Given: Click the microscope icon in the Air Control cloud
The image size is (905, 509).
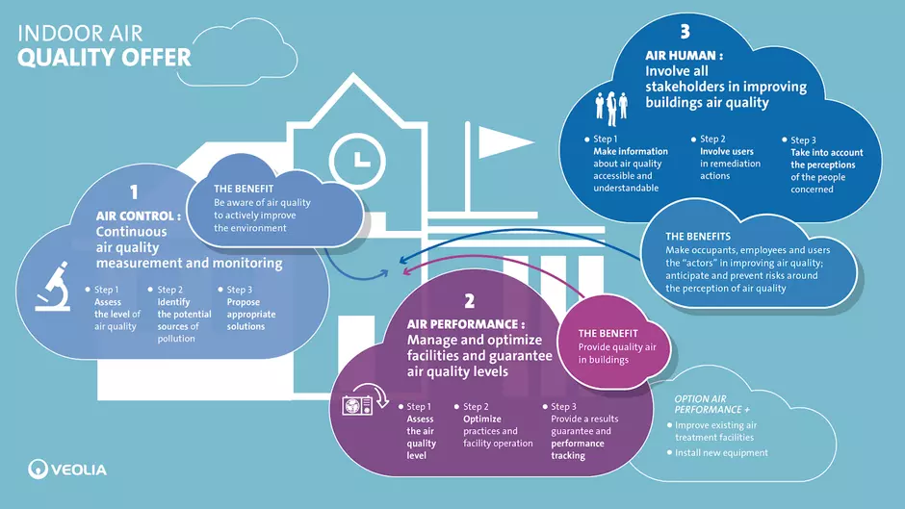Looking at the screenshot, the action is coord(53,287).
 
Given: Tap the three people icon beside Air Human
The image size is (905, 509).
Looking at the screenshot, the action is coord(611,109).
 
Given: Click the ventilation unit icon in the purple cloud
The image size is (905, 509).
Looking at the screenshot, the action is coord(365,400).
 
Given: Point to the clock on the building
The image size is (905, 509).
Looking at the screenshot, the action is coord(357,161).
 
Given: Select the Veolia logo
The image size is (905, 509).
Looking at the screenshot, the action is coord(67,470).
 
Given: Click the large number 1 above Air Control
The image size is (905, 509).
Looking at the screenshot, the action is coord(134,191).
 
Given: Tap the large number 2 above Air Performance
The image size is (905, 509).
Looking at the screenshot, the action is coord(469,300).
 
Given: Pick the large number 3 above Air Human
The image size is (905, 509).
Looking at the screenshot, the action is coord(685,31).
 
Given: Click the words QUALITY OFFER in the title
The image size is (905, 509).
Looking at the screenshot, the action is coord(104,58).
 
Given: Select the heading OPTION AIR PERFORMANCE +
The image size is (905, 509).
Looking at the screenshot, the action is coord(711,404).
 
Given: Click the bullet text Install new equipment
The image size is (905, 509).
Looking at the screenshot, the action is coord(721,453).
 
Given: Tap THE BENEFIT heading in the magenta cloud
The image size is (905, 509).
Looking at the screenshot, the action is coord(608,334).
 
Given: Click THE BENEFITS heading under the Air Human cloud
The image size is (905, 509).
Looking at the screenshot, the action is coord(698,237).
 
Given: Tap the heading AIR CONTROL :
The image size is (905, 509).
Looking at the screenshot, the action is coord(139,216).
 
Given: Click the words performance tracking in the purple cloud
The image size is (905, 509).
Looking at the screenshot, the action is coord(577,449).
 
